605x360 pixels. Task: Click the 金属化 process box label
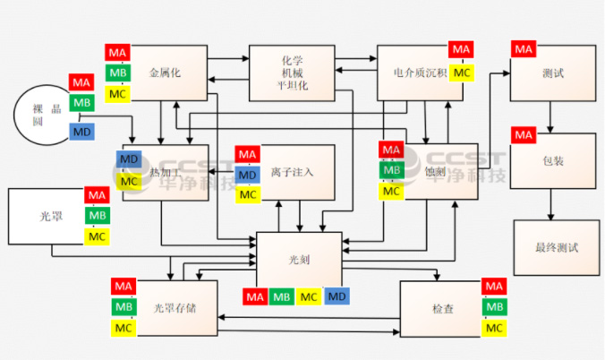point(165,73)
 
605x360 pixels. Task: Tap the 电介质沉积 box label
point(421,73)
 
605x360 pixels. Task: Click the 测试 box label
point(553,73)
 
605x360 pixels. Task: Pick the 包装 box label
point(553,163)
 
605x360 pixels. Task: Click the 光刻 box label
point(298,260)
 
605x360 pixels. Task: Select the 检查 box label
point(442,308)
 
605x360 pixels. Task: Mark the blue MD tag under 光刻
point(337,296)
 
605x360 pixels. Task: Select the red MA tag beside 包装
point(524,135)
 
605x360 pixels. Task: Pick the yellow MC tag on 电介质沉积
point(461,72)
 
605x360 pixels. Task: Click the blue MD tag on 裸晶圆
point(81,133)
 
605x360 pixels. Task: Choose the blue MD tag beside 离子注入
point(248,173)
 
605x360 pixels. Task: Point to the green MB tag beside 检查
point(493,307)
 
